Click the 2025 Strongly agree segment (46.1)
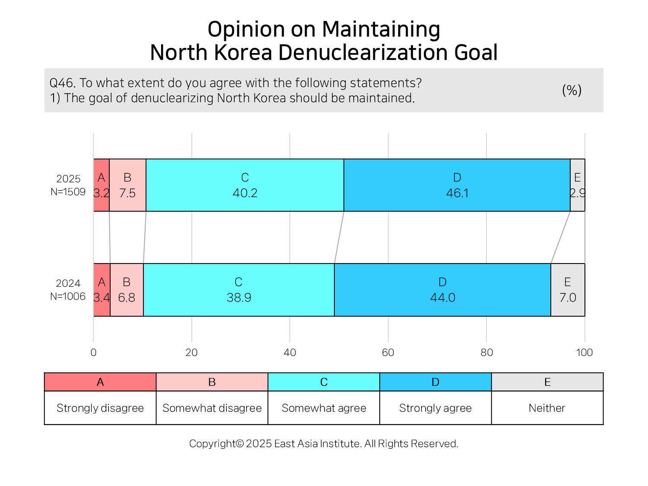457,185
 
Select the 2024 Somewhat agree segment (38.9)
239,290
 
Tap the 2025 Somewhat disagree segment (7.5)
127,185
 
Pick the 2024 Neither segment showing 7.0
568,290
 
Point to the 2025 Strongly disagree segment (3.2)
102,185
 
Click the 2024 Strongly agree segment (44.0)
442,290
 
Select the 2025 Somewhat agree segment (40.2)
245,185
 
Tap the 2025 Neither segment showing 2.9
578,185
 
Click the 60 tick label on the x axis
388,353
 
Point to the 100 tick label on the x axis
584,353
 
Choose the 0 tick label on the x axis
93,353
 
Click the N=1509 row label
68,192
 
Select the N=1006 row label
67,296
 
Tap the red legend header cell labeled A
100,382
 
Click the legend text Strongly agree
435,408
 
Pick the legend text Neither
547,408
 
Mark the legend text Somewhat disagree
212,408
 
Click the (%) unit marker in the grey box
572,90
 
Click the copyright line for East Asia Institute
324,444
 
